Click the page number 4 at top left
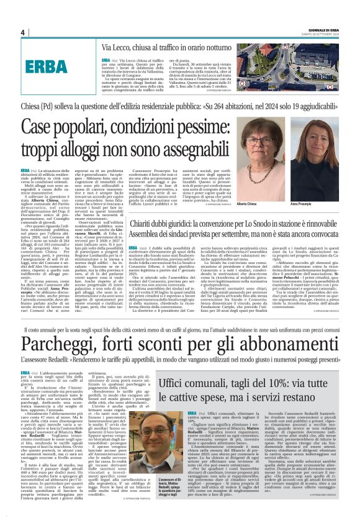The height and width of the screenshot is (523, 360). pyautogui.click(x=22, y=32)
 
